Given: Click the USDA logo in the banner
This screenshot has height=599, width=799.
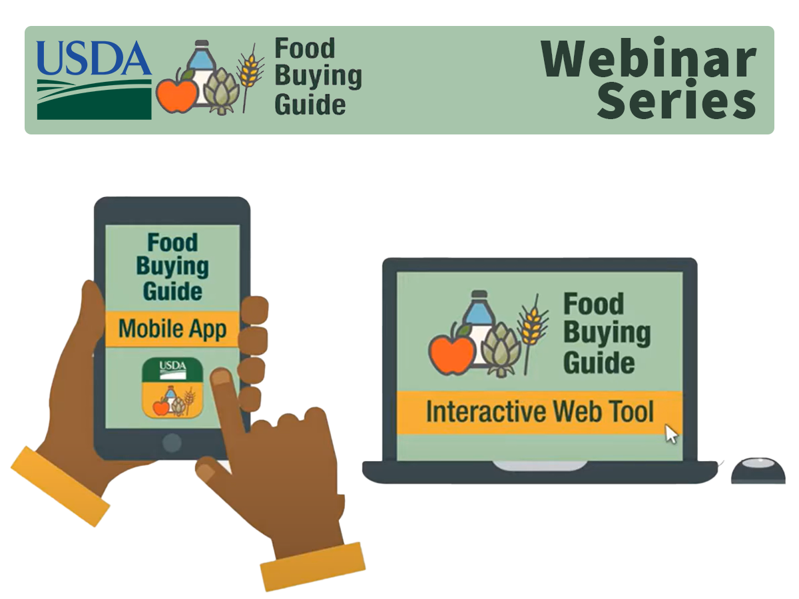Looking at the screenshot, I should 94,79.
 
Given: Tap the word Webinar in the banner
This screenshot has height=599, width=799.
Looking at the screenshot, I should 649,59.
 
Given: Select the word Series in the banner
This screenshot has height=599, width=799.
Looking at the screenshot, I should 676,102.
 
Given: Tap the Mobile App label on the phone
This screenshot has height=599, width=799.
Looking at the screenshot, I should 172,329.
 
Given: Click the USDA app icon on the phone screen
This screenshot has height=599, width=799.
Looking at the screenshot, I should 172,387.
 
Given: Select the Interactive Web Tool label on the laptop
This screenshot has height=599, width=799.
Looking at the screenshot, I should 539,411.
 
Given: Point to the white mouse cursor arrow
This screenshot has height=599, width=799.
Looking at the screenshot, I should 672,434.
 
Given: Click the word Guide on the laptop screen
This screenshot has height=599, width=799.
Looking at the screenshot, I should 599,363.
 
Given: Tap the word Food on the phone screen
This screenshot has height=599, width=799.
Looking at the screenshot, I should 172,242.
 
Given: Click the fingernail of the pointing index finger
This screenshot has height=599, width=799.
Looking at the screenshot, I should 221,378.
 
